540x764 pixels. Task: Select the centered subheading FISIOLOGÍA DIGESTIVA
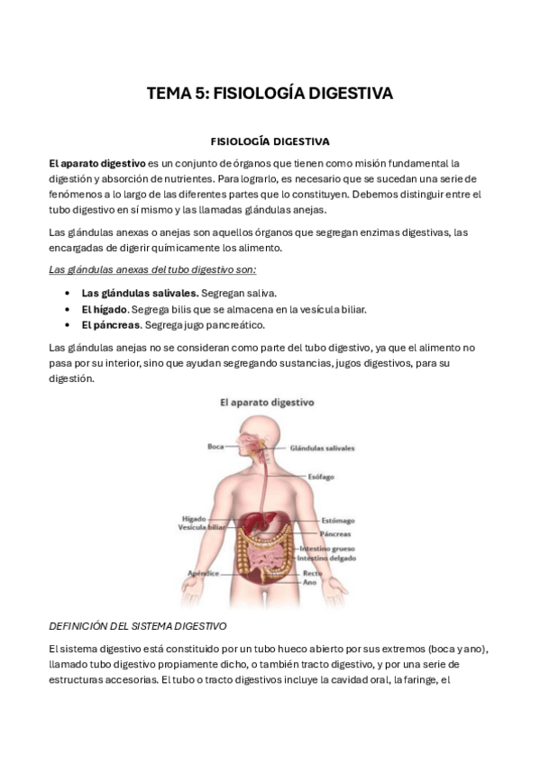click(x=270, y=141)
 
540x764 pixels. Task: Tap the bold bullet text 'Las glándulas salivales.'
click(x=140, y=293)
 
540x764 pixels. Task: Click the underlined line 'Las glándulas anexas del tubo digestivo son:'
click(x=152, y=269)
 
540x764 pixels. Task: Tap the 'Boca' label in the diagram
click(x=215, y=446)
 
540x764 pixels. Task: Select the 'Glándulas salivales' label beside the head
click(x=322, y=447)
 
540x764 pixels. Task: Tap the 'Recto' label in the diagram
click(x=312, y=572)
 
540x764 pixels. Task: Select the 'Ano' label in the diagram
click(x=308, y=581)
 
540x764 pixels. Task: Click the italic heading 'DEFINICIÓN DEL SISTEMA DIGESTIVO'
click(x=137, y=625)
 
